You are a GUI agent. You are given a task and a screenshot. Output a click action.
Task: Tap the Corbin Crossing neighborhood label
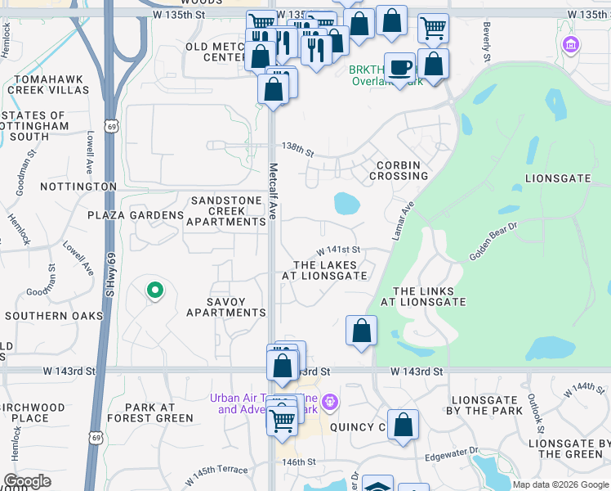(398, 170)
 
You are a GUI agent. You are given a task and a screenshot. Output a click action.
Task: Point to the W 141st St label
(339, 250)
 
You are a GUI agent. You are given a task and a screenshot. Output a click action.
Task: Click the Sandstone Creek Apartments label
(225, 211)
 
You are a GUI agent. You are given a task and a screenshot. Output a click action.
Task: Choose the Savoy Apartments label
(225, 306)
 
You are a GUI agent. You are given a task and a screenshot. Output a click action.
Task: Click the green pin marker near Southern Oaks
(154, 290)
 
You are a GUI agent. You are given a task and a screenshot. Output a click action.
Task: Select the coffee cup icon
(399, 66)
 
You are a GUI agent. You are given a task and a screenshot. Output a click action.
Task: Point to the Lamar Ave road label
(402, 221)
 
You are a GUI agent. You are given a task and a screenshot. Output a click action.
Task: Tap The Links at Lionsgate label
(429, 296)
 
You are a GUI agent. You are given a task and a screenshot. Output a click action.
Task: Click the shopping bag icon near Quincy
(403, 425)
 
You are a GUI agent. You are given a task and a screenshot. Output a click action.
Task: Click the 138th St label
(297, 150)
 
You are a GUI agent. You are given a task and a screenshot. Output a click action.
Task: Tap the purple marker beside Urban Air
(329, 403)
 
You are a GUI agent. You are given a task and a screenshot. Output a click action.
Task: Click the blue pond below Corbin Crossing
(346, 202)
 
